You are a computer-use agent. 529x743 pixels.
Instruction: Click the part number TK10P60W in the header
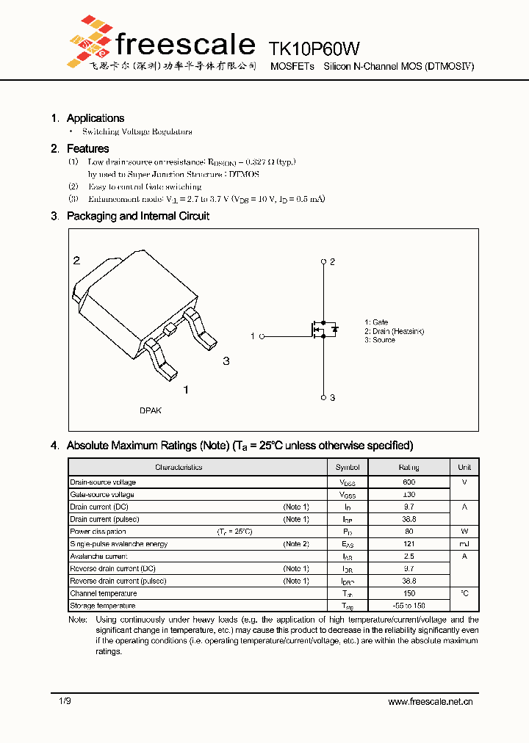[314, 49]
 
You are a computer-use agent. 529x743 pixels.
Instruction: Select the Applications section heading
[95, 118]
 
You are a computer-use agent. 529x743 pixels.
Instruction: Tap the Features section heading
[87, 149]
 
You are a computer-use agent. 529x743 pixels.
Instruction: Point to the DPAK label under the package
[151, 410]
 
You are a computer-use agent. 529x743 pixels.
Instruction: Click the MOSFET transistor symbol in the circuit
[323, 329]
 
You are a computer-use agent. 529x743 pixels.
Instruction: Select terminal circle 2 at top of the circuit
[323, 261]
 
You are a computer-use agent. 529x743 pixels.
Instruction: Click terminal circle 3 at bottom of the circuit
[323, 397]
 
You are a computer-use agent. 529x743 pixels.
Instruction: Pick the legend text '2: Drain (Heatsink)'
[394, 331]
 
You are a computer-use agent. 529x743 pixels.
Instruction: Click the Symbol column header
[348, 468]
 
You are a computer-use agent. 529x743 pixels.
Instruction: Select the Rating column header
[409, 468]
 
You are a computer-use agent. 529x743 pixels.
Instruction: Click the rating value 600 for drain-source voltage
[409, 482]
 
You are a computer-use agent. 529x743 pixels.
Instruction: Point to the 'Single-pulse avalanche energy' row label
[119, 544]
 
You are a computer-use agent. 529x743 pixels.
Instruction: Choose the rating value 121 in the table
[409, 544]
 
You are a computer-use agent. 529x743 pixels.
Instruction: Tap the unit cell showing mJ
[464, 544]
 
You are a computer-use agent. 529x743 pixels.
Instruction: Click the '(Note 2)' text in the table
[296, 544]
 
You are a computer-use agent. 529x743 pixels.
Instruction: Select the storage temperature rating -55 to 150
[409, 606]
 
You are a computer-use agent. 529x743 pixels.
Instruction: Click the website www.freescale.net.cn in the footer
[430, 702]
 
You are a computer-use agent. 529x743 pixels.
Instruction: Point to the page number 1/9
[65, 702]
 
